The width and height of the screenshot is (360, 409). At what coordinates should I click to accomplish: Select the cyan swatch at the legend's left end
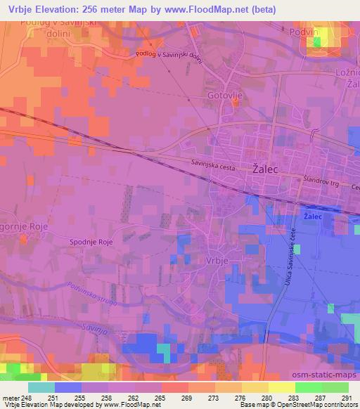[x=41, y=387]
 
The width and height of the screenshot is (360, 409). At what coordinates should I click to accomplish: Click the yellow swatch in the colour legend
[x=281, y=387]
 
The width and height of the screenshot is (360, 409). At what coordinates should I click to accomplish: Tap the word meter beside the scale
[x=10, y=398]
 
